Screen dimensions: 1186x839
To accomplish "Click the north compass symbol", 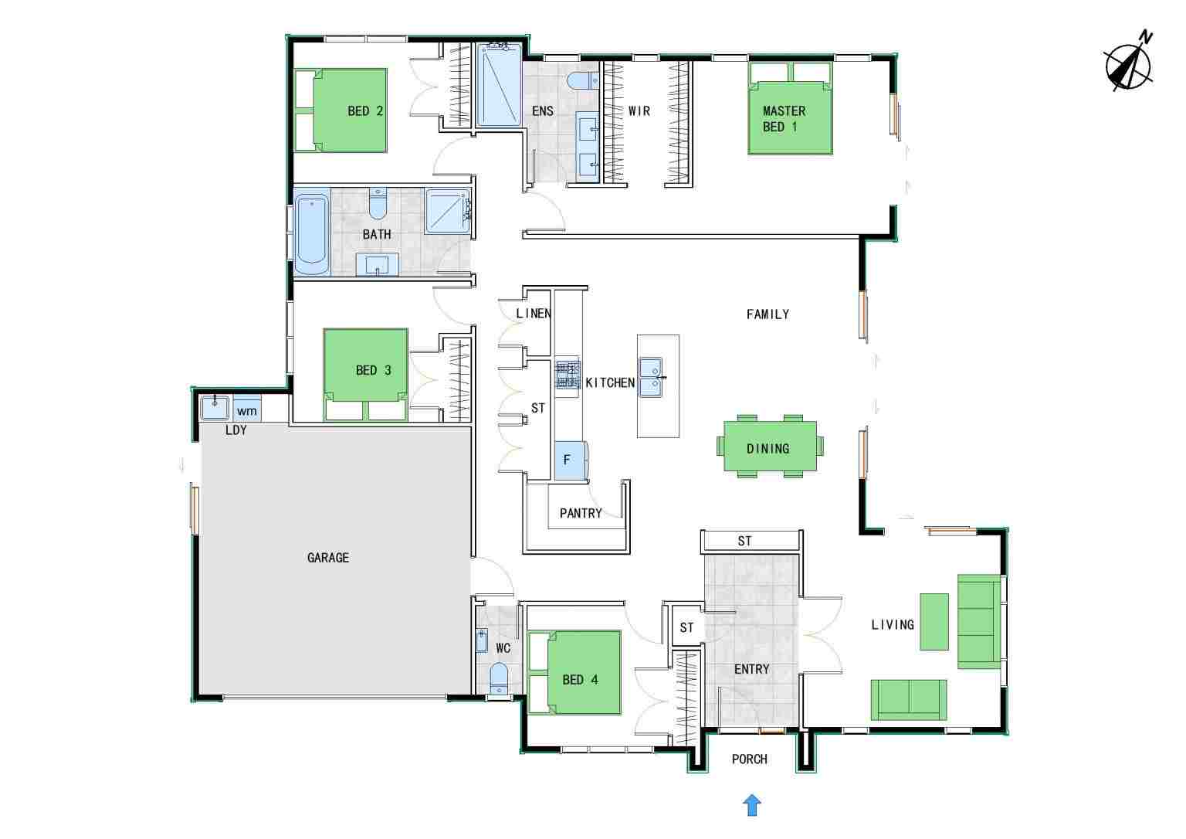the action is click(x=1129, y=66).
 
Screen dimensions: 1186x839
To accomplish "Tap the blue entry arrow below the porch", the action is click(x=752, y=806).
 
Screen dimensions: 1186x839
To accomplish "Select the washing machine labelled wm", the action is click(x=247, y=409).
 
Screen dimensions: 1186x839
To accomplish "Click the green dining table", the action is click(x=770, y=446).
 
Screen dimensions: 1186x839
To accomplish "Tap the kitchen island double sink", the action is click(x=650, y=377).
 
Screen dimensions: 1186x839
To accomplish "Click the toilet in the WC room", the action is click(x=499, y=678).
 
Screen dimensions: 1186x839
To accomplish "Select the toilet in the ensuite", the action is click(x=582, y=81).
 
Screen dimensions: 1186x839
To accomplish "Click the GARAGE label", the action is click(x=327, y=557).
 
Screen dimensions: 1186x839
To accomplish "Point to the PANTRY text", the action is click(x=581, y=513).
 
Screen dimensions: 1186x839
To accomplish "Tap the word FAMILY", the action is click(x=768, y=314).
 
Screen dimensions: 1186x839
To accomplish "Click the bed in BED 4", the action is click(x=574, y=673).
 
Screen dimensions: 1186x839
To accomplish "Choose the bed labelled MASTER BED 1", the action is click(x=790, y=109).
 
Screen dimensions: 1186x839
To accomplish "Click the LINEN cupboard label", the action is click(x=534, y=314).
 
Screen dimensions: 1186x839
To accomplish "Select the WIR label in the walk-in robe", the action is click(x=639, y=110).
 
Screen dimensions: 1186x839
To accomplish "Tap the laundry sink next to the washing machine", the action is click(x=215, y=408).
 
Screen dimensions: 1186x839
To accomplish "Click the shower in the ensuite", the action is click(x=499, y=85).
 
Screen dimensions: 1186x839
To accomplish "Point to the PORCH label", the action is click(x=749, y=759).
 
